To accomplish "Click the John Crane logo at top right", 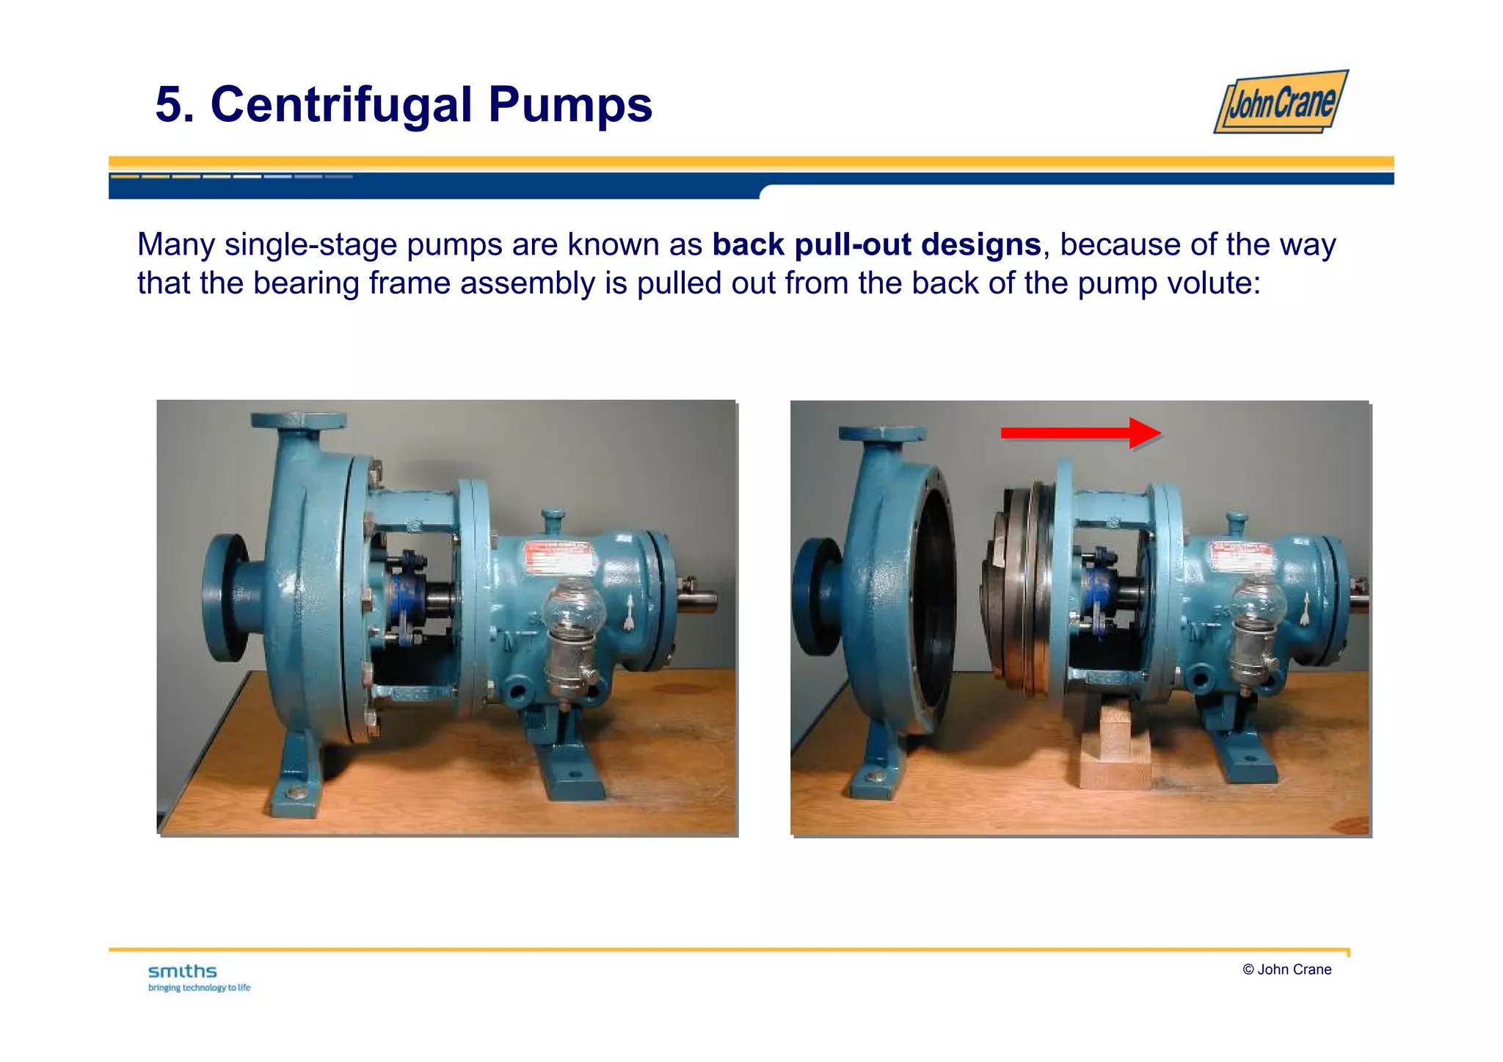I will tap(1281, 102).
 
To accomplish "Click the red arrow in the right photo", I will tap(1079, 433).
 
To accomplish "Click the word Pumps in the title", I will tap(570, 104).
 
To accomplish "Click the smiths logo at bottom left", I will tap(183, 972).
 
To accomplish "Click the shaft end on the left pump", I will tap(697, 602).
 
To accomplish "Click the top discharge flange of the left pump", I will tap(298, 421).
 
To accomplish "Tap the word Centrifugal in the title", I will tap(341, 104).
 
